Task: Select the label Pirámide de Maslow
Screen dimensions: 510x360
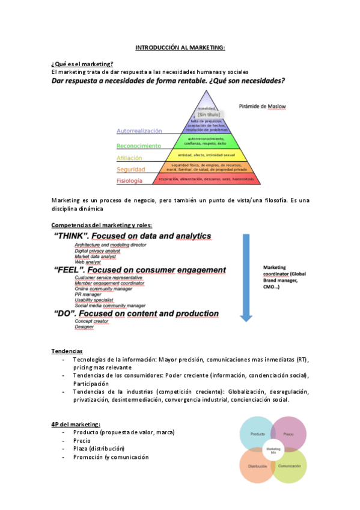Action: (263, 106)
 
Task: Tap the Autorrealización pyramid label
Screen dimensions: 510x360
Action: (139, 131)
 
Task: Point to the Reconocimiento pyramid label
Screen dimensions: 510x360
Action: (138, 146)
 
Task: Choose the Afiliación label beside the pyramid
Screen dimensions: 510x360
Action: (129, 158)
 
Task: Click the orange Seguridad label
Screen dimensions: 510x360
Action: (130, 169)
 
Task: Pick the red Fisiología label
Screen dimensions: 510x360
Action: (129, 180)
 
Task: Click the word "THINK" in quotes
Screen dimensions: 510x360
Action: (73, 236)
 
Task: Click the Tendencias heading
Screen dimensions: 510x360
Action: (67, 351)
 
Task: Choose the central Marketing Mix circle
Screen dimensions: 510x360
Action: (273, 450)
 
